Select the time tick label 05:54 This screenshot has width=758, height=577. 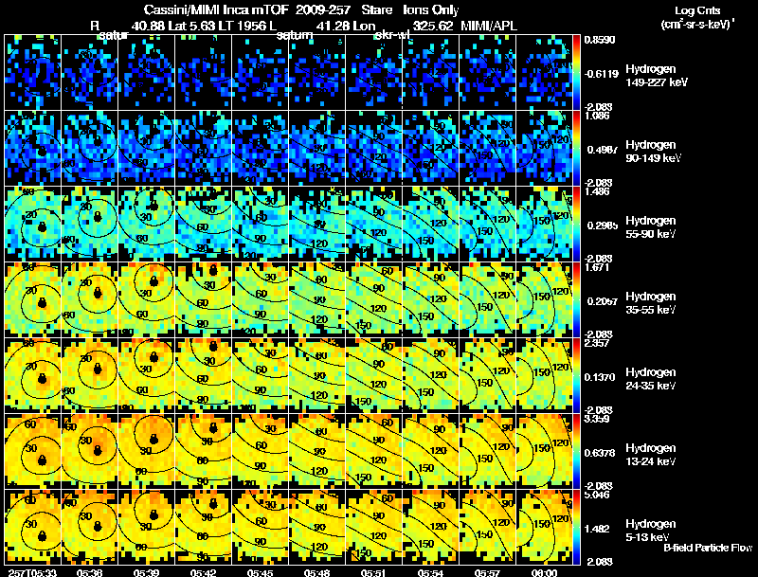(430, 571)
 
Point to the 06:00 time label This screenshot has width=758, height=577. (544, 571)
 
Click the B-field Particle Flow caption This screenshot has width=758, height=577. (708, 548)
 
